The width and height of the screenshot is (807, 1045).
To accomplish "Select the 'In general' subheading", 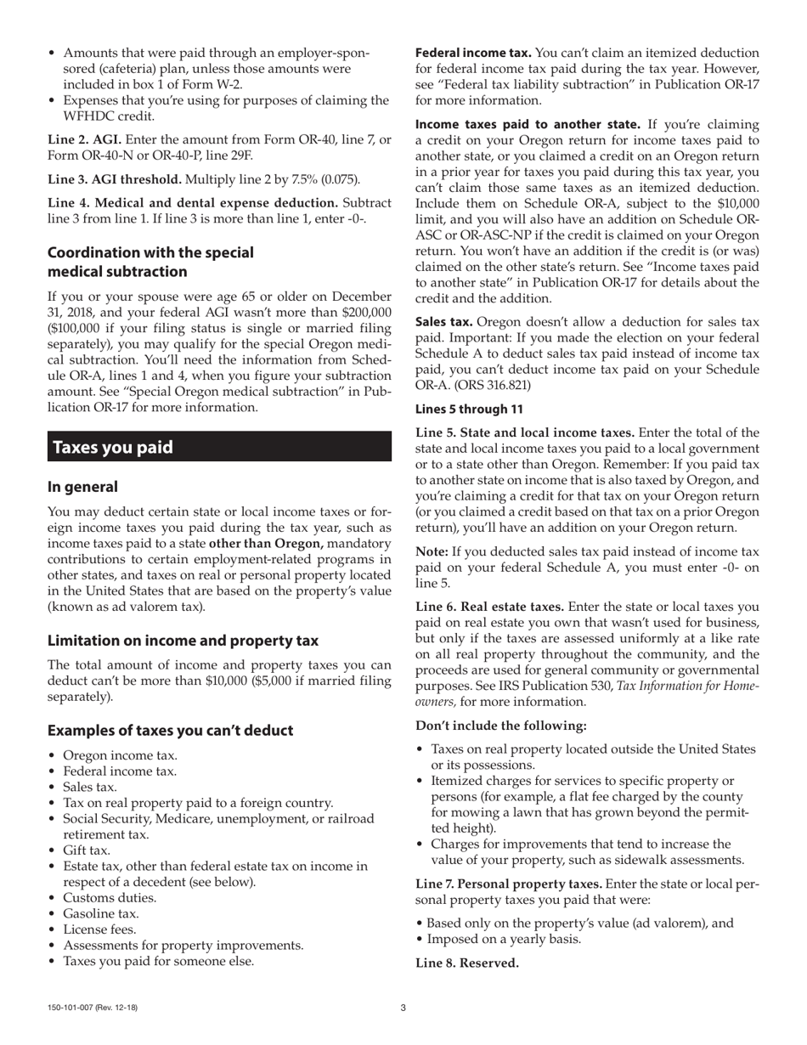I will point(82,487).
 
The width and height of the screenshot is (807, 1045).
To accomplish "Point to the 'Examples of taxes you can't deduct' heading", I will point(170,731).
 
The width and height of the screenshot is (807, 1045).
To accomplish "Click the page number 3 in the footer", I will point(403,1008).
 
